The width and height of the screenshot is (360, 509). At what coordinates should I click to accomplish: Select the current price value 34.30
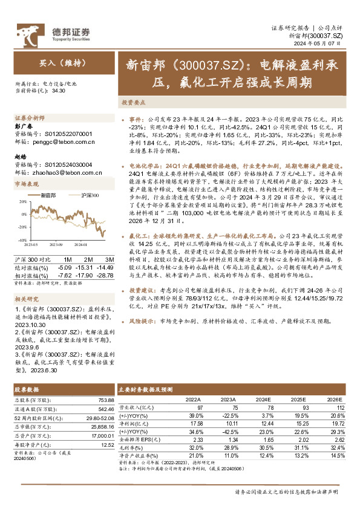point(59,90)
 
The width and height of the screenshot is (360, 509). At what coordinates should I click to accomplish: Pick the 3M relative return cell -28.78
point(106,276)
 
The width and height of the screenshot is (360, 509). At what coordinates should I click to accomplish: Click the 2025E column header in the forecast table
point(299,400)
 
